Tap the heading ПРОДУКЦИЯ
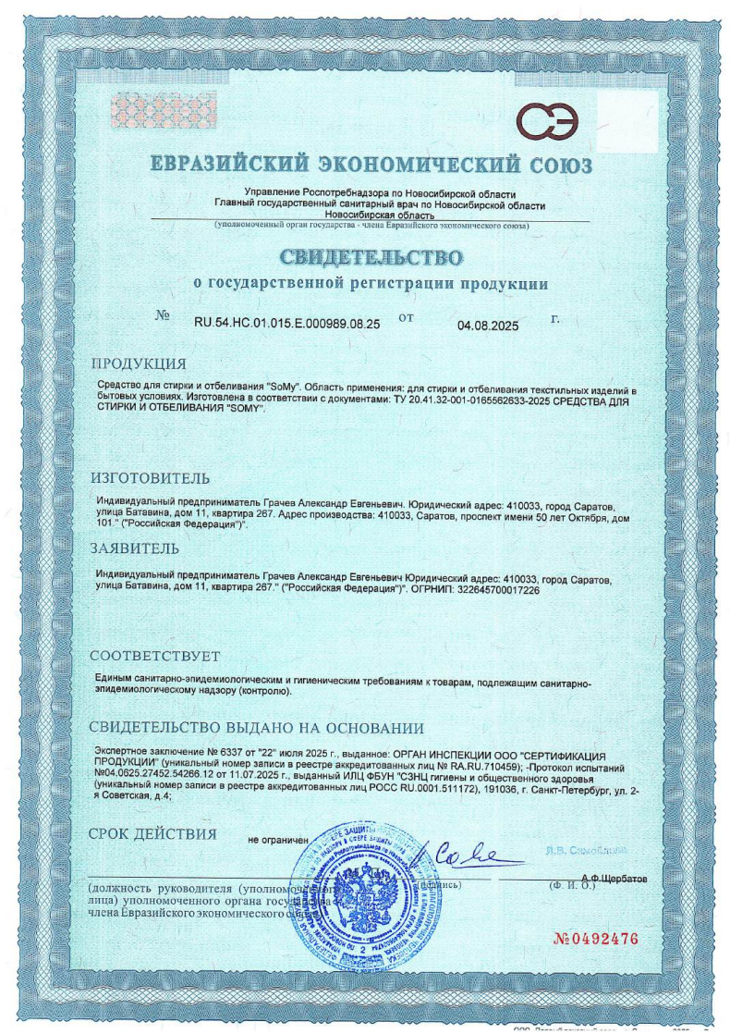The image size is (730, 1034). pyautogui.click(x=138, y=363)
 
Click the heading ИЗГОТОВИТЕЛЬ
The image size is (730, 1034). pyautogui.click(x=150, y=478)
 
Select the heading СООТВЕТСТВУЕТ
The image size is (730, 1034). pyautogui.click(x=158, y=656)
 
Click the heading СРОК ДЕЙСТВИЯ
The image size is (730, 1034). pyautogui.click(x=152, y=834)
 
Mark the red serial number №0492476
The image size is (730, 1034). pyautogui.click(x=595, y=940)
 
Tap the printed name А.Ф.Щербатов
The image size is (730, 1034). pyautogui.click(x=614, y=875)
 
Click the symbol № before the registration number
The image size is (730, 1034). pyautogui.click(x=164, y=315)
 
